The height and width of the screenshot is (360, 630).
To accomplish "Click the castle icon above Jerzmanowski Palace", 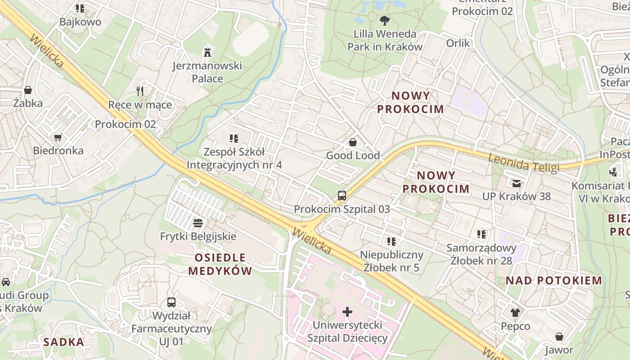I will [207, 52].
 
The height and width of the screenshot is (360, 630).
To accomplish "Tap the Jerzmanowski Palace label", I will [207, 72].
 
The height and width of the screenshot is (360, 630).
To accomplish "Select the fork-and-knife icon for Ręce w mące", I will [140, 91].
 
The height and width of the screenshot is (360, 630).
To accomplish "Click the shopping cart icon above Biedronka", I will [58, 137].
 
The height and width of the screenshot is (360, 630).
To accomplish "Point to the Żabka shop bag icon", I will [28, 90].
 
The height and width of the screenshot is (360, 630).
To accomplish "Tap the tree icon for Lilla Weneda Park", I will [384, 20].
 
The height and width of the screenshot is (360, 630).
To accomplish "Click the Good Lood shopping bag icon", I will [353, 142].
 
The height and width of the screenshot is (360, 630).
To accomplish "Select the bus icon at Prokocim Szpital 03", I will [342, 196].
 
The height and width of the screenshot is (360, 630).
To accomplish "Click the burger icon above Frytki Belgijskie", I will [198, 223].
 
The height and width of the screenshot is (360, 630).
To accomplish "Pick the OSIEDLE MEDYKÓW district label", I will [220, 264].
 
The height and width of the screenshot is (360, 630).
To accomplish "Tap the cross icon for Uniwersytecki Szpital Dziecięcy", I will [347, 311].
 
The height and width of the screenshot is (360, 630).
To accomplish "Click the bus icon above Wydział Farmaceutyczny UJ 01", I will [171, 302].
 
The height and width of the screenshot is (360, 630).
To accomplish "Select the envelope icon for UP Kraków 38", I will [516, 183].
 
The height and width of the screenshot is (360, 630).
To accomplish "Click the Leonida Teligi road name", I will [523, 163].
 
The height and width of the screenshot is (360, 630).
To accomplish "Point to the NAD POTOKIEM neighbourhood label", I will [553, 281].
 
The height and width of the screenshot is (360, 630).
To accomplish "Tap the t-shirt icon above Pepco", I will [515, 312].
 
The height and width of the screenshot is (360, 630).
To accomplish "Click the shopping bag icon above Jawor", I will [559, 337].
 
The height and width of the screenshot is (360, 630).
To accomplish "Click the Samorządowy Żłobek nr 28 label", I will [481, 254].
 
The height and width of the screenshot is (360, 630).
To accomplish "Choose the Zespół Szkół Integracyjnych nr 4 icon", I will [234, 138].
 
